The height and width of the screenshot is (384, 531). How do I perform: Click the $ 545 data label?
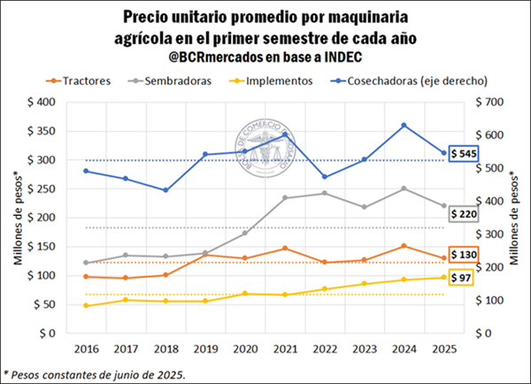pos(466,153)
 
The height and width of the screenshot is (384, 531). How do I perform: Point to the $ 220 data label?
pos(466,213)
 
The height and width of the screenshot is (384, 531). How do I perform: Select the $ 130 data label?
pos(466,256)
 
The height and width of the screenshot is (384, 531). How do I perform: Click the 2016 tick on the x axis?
pos(86,349)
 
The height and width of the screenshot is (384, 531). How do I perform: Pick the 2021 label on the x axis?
pos(285,349)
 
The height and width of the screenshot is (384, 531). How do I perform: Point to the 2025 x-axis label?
pos(443,349)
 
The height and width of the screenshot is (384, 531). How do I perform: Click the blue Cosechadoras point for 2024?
pos(404,125)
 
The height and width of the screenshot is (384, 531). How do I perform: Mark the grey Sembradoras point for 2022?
pos(325,193)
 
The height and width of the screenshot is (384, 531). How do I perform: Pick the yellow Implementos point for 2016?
pos(86,305)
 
